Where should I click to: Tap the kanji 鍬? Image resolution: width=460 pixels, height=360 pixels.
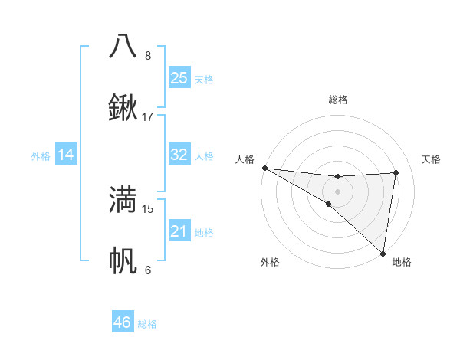[123, 107]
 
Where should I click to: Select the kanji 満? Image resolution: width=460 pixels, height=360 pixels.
[123, 199]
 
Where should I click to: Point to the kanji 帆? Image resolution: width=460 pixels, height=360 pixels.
[123, 260]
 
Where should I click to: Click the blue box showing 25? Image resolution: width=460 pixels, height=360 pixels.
[179, 77]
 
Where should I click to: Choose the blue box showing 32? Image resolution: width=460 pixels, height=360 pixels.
[179, 155]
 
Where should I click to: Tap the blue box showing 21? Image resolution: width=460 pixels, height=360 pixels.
[179, 231]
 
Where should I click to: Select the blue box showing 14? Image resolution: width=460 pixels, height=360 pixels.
[66, 155]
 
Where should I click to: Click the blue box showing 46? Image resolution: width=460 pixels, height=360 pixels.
[122, 322]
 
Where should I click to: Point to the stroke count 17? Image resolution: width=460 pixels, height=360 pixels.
[148, 117]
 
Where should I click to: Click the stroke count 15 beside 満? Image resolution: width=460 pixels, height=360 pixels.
[148, 208]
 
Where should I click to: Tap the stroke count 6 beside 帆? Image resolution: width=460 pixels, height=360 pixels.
[148, 270]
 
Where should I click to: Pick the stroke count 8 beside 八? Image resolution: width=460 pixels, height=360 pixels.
[148, 55]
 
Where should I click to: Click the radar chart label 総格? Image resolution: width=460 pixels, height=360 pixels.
[337, 100]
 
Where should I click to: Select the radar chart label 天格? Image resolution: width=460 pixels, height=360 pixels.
[431, 159]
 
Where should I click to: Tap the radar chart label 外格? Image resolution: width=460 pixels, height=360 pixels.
[270, 263]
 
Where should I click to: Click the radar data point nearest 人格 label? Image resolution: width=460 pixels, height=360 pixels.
[264, 168]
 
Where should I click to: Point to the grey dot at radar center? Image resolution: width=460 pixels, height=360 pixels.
[337, 191]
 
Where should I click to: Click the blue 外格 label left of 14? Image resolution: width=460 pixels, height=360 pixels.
[41, 155]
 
